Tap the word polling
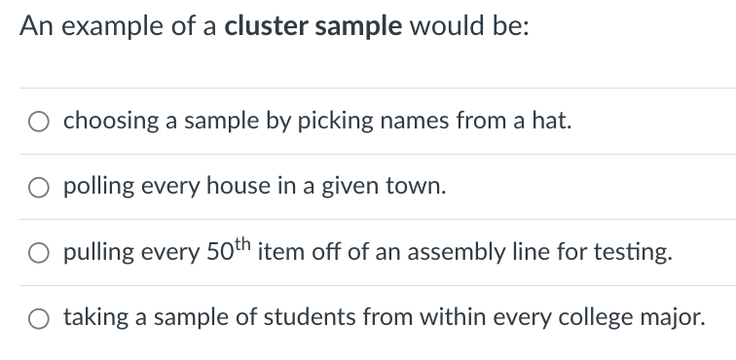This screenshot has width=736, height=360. pos(99,188)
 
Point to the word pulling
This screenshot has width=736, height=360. pos(98,254)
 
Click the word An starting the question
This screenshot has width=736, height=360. pos(33,26)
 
